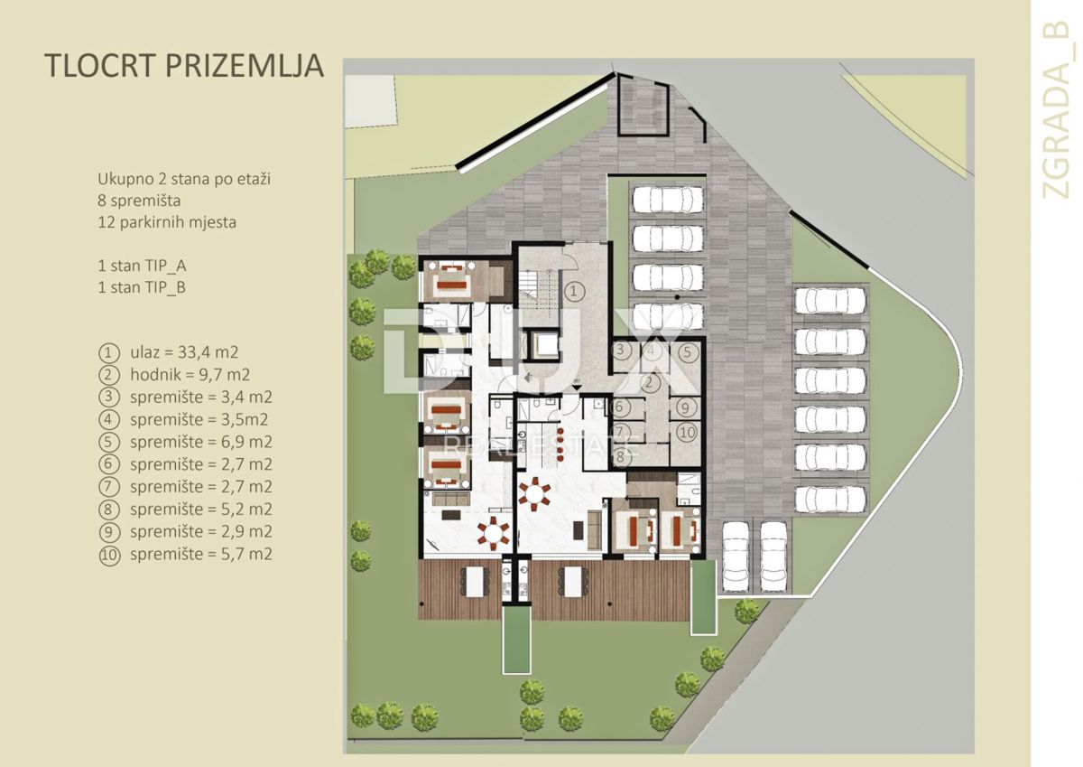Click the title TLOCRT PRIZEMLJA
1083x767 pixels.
click(x=184, y=65)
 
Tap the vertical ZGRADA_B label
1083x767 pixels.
click(x=1057, y=110)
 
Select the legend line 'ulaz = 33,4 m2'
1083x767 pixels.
click(x=184, y=352)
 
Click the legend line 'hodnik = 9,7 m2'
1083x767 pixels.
click(x=190, y=375)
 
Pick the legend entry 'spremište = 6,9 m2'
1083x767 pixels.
click(x=201, y=442)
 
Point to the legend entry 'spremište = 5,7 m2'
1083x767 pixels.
click(x=201, y=554)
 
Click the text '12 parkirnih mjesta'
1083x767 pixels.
click(x=167, y=223)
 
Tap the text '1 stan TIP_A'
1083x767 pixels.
click(x=143, y=266)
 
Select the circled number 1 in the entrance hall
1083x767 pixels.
click(x=574, y=291)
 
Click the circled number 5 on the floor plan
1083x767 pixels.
click(x=688, y=352)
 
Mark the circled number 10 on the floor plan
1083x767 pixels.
click(x=687, y=433)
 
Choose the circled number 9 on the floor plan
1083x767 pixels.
click(x=685, y=408)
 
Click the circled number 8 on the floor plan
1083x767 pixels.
click(x=621, y=456)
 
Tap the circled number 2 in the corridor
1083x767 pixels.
click(x=649, y=383)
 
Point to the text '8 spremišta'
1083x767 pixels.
click(x=139, y=201)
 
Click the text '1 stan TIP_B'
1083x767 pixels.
click(x=143, y=287)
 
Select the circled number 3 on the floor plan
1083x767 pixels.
click(x=621, y=350)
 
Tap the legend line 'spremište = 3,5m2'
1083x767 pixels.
click(x=199, y=419)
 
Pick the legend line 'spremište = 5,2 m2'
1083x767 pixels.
click(x=201, y=510)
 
